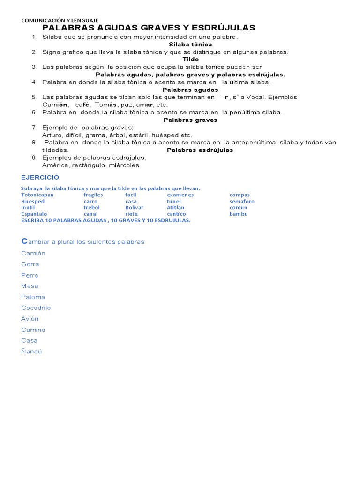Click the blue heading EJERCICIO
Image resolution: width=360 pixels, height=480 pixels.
coord(40,177)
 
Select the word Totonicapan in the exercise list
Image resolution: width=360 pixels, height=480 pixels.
coord(37,195)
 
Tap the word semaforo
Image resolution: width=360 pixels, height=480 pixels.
coord(242,201)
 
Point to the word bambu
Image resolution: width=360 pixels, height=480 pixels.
coord(239,214)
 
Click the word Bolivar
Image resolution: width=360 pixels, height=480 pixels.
coord(135,208)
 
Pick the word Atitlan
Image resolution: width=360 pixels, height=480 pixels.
coord(175,208)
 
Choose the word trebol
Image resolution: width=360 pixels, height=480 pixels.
coord(92,208)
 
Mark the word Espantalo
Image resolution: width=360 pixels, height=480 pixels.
coord(34,214)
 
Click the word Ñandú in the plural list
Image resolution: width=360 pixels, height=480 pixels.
coord(31,352)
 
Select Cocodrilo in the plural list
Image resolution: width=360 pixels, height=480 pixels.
coord(36,308)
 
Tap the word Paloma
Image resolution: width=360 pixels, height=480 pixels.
coord(33,297)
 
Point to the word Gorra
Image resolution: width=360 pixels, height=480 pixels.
coord(30,264)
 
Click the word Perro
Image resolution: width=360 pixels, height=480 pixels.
coord(30,275)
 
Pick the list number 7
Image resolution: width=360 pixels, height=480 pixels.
coord(34,127)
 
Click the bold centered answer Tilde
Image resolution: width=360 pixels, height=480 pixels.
coord(191,60)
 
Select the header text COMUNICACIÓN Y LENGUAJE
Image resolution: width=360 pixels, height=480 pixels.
coord(60,21)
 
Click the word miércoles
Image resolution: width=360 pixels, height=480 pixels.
coord(124,165)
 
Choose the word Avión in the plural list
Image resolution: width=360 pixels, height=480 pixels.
coord(30,319)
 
